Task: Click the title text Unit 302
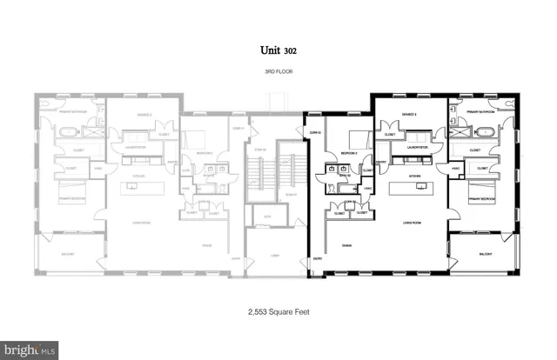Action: [278, 51]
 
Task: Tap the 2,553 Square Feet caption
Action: [278, 310]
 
